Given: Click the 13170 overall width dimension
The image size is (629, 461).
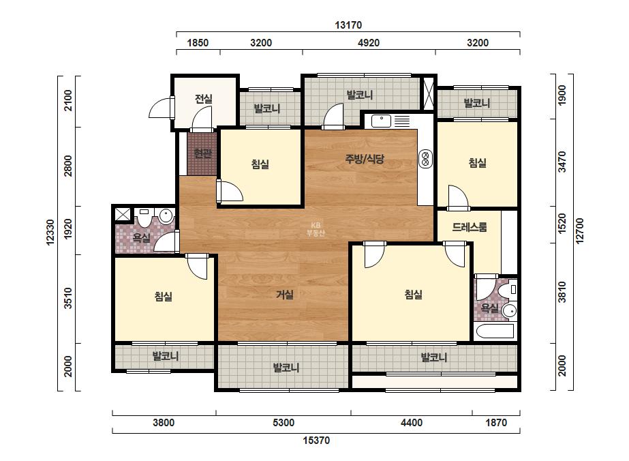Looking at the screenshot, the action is pos(348,25).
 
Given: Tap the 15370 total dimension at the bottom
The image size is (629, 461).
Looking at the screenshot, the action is pos(316,440).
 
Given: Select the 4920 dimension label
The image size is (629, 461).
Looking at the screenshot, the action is pos(368,42).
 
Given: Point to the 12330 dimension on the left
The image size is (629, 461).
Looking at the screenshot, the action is pos(50,232).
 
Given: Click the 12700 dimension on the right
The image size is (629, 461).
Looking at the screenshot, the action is pos(580,230).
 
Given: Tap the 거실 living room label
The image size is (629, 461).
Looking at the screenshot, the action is pos(285,295).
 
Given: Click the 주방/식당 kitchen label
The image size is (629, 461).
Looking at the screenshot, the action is pos(365,159).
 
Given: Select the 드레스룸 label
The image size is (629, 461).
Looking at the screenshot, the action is pos(470,227).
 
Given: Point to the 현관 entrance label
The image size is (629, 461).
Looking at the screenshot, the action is pos(202,153).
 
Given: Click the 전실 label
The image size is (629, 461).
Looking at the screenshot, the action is pos(203,98).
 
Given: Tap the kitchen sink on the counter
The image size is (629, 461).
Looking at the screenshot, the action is pos(381,121).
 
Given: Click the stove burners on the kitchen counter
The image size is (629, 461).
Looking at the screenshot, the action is pos(426,158).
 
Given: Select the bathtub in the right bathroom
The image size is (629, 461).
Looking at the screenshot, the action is pos(495,331).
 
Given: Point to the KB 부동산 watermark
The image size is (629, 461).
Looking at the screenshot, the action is pos(316,229).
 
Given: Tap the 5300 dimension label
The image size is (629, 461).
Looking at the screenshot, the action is pos(283,422).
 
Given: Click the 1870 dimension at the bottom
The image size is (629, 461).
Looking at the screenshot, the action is pos(496,422).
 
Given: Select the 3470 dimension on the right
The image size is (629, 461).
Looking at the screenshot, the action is pos(562,162).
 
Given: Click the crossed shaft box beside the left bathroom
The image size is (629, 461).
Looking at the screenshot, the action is pos(123,214).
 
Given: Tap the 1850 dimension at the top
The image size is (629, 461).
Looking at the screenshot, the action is pos(198,42).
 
